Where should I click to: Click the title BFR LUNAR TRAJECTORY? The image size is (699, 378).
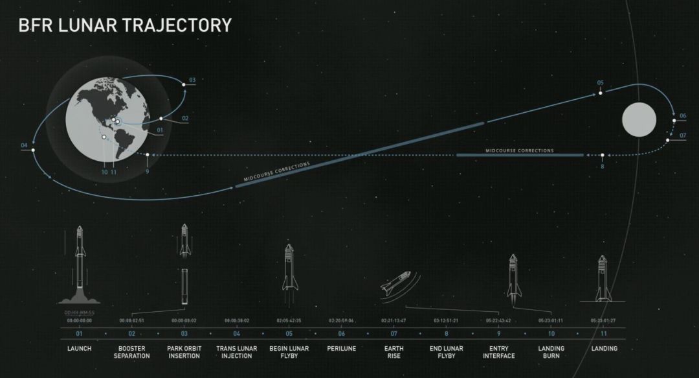coord(124,25)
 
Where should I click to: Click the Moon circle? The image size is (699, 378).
coord(639,120)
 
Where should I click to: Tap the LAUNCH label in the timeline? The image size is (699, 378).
coord(80,349)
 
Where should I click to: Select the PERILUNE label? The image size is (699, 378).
coord(342,349)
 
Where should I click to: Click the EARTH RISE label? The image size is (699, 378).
coord(394,352)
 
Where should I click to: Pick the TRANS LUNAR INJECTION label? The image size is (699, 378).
coord(237,352)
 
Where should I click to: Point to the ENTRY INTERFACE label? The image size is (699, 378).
coord(499,352)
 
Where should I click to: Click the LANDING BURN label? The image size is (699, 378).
coord(551,352)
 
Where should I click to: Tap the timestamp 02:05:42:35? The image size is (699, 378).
coord(289,321)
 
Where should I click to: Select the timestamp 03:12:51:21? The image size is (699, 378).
coord(446,321)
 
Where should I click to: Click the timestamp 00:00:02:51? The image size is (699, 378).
coord(132,321)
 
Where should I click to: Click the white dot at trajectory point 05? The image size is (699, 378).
coord(601,93)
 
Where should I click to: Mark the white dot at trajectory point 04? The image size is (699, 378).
coord(33,150)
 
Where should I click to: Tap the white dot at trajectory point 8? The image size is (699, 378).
coord(603,156)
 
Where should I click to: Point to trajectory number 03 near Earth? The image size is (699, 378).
coord(192,80)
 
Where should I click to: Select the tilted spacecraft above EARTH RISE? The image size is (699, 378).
coord(395,283)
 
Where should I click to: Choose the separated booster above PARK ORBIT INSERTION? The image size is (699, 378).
coord(184,286)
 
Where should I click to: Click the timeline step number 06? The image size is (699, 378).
coord(342,333)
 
